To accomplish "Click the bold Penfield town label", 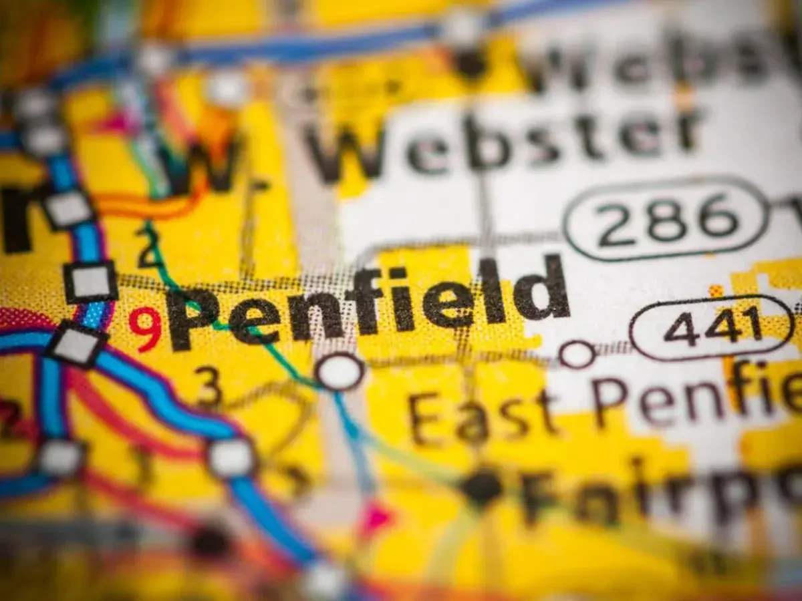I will (x=368, y=304).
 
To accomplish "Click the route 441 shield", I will (x=712, y=327).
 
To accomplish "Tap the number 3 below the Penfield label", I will (x=208, y=386).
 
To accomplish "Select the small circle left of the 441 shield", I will (x=577, y=354).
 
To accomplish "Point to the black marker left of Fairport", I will (x=481, y=487).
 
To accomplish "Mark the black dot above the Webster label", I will (x=471, y=63).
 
